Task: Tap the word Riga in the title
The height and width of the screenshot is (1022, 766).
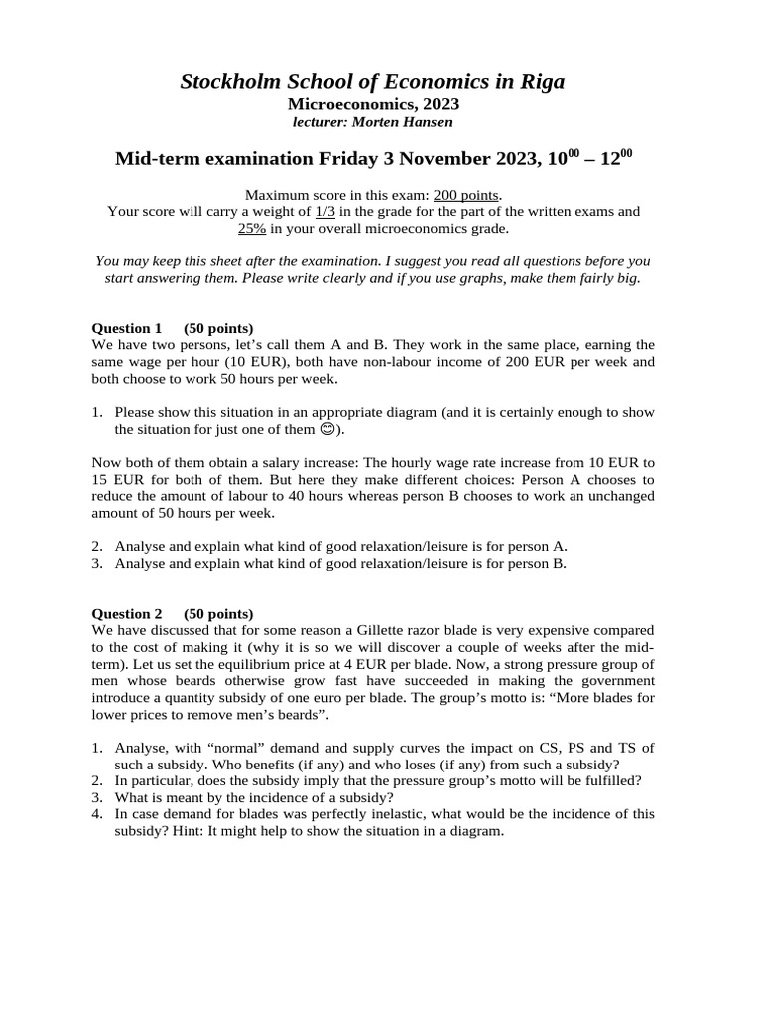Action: point(540,82)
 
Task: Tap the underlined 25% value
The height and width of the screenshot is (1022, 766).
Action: point(251,228)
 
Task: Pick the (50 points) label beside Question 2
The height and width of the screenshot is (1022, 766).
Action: point(218,613)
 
